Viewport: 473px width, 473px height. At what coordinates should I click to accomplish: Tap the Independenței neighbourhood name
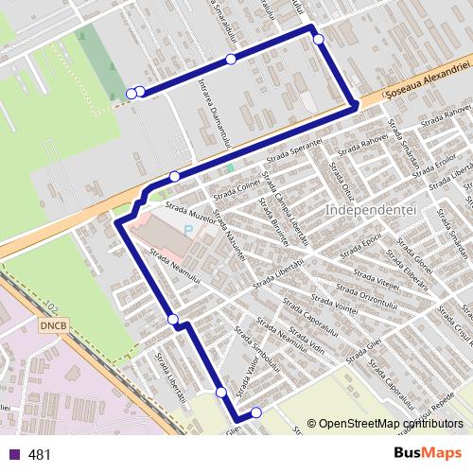370,208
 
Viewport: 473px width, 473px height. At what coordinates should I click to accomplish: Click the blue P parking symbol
188,229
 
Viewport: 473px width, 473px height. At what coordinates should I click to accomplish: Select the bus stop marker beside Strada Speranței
175,176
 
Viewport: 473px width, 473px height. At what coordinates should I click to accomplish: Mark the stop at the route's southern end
256,412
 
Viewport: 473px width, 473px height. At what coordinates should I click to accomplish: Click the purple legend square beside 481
13,455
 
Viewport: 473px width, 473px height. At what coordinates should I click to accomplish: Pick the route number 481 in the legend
40,455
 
